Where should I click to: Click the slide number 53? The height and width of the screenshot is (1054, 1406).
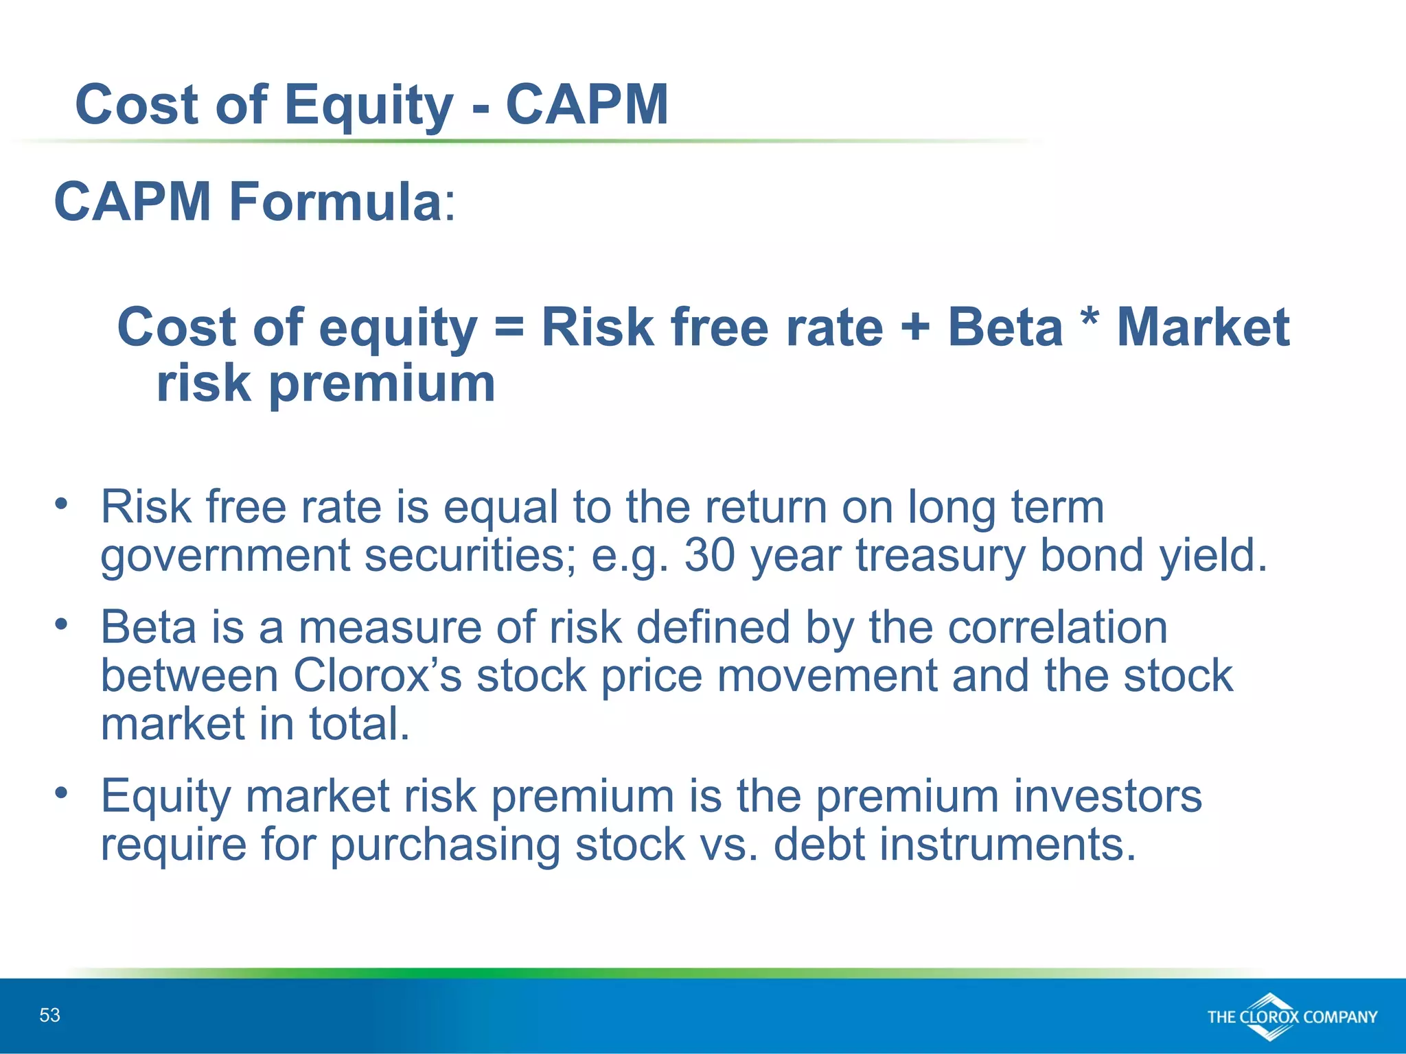click(x=49, y=1015)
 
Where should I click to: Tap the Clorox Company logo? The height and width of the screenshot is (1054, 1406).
click(x=1291, y=1017)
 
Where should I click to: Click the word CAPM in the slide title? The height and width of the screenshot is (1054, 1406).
click(x=587, y=104)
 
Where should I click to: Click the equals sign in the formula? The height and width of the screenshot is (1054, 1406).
click(x=509, y=327)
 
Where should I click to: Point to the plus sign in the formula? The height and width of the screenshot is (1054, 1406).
click(x=914, y=327)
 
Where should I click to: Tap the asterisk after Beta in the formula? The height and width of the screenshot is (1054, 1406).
click(x=1090, y=318)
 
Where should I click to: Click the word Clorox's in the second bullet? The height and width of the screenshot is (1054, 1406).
click(x=377, y=676)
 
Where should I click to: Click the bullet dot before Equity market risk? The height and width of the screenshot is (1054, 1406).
click(x=62, y=793)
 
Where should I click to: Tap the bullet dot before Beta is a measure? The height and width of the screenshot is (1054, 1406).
click(x=62, y=624)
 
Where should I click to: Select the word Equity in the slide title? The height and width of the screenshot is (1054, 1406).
click(x=369, y=106)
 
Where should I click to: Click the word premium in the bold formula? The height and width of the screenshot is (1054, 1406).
click(x=381, y=384)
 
